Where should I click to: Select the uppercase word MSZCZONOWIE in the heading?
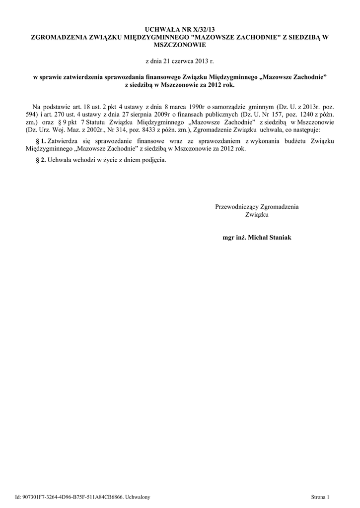click(x=180, y=45)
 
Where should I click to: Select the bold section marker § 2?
click(x=41, y=160)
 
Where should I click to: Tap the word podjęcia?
click(x=153, y=160)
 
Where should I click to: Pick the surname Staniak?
click(x=279, y=238)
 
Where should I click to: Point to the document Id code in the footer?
click(x=74, y=497)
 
